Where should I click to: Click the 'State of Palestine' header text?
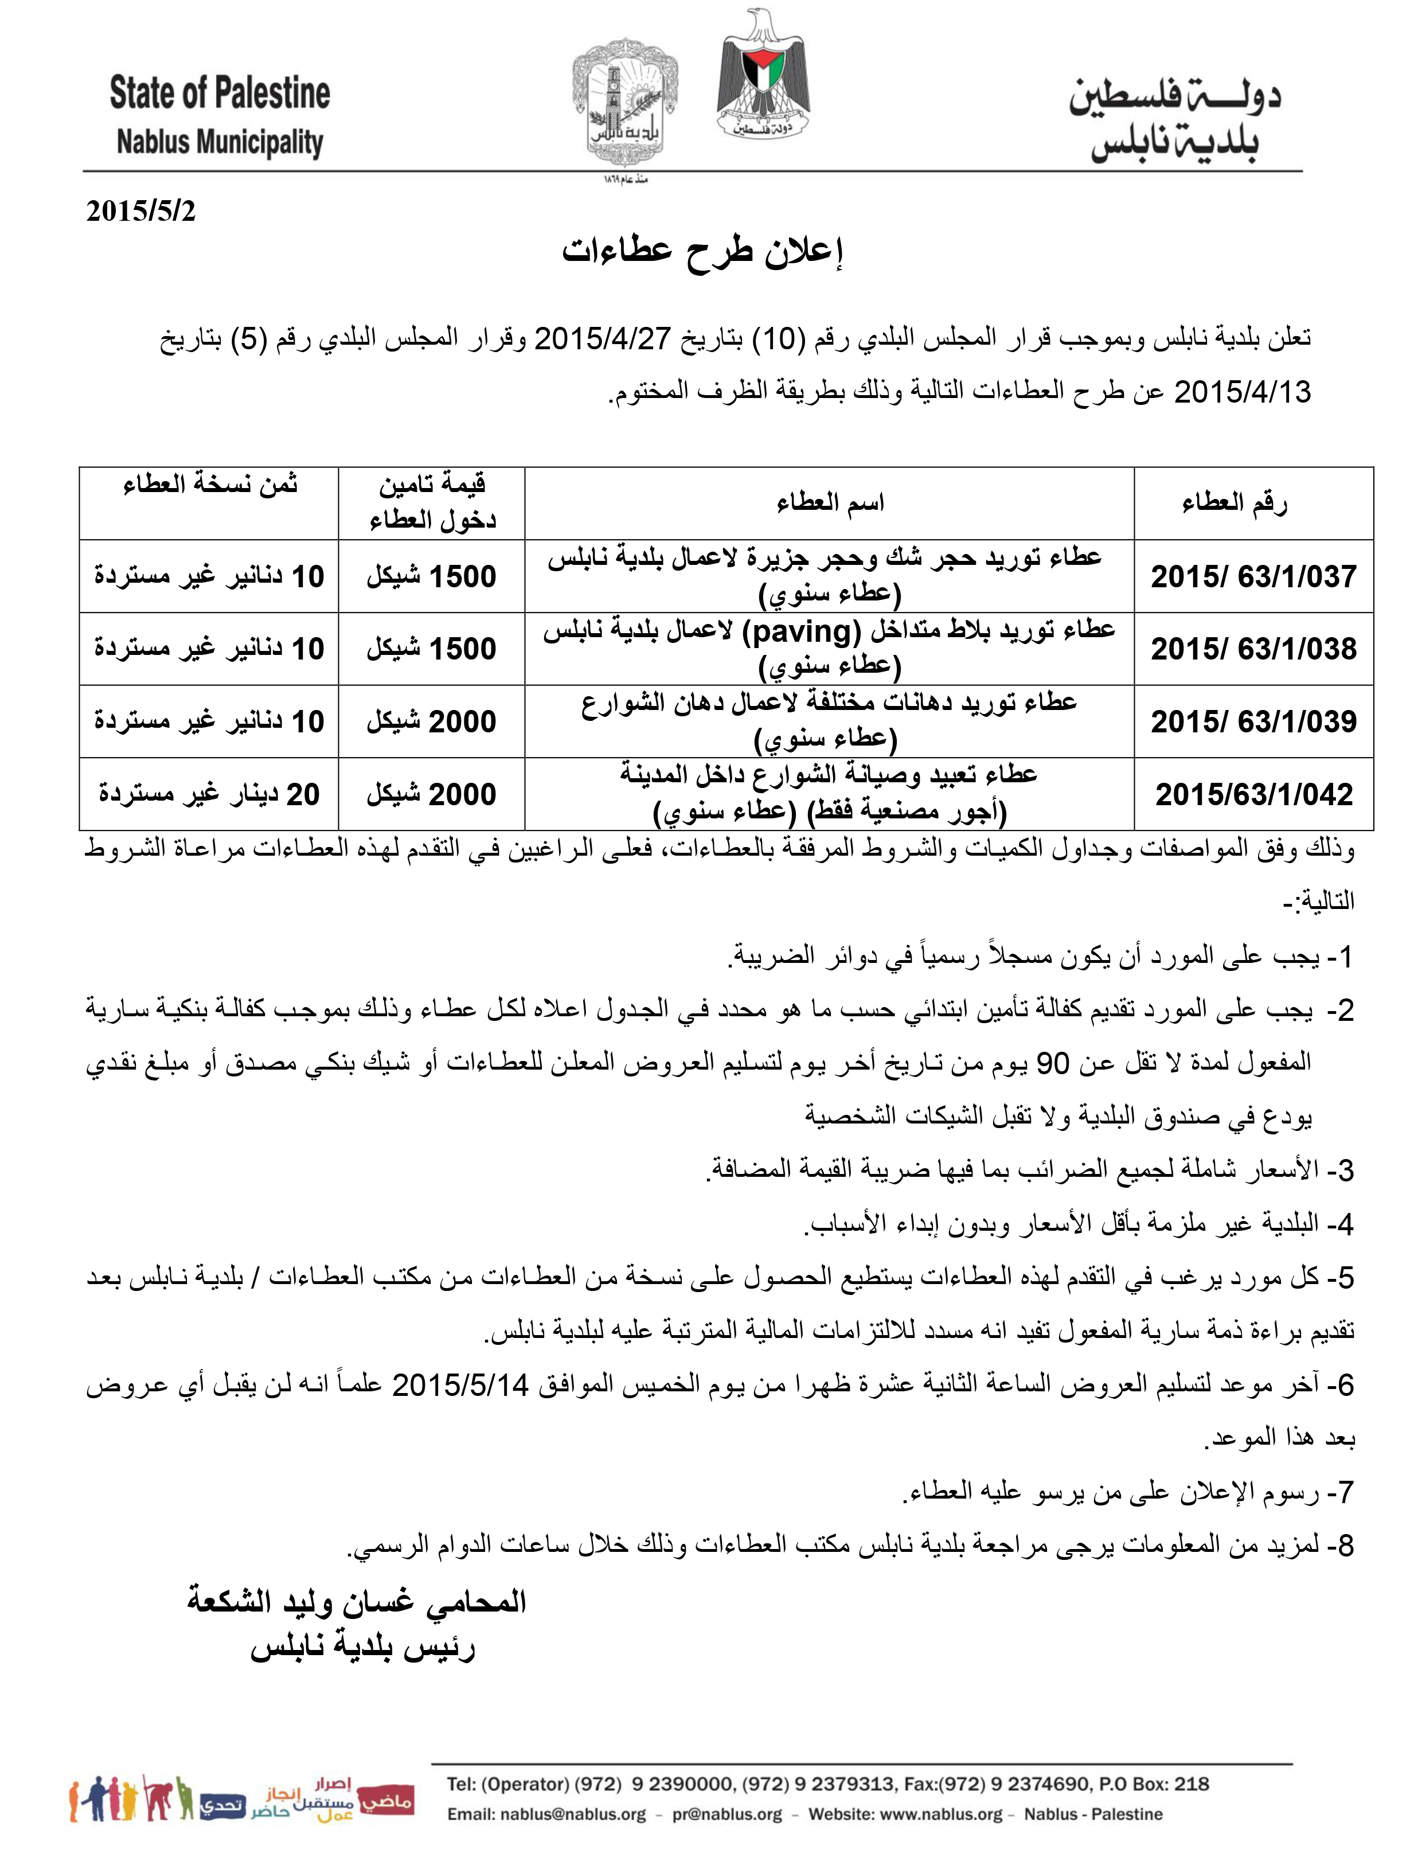click(x=219, y=93)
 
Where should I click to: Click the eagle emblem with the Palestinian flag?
click(x=763, y=76)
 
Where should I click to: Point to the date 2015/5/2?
click(x=140, y=210)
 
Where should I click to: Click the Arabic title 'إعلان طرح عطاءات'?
click(x=702, y=251)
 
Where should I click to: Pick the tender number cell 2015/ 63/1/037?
click(x=1253, y=576)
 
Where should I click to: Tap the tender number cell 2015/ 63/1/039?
click(x=1253, y=721)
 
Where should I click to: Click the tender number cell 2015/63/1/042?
click(x=1253, y=794)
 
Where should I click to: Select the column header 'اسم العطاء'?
click(x=830, y=504)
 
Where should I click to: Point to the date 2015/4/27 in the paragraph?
click(x=602, y=338)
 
